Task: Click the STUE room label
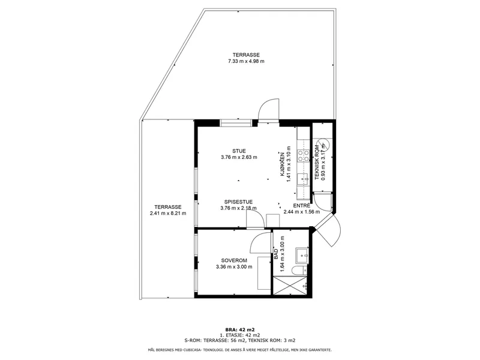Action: click(x=239, y=151)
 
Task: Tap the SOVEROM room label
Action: click(x=234, y=260)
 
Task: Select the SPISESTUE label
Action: click(x=238, y=202)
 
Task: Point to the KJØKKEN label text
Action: click(x=283, y=164)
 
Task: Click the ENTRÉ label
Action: click(x=302, y=206)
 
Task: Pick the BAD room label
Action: click(x=276, y=254)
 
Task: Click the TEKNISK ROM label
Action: click(x=317, y=162)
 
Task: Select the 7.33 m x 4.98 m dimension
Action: click(x=246, y=61)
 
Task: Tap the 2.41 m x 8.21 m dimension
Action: click(x=168, y=214)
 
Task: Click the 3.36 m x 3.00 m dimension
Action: click(x=234, y=266)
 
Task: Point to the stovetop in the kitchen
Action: click(x=304, y=155)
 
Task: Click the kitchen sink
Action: click(x=303, y=179)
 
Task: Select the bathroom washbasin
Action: click(x=302, y=256)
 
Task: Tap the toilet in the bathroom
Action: click(x=299, y=271)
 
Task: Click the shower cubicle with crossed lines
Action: click(x=290, y=286)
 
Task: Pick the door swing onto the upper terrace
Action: click(x=268, y=110)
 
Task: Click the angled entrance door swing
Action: click(x=331, y=231)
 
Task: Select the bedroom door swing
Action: click(x=260, y=242)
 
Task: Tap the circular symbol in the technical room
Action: click(x=322, y=144)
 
